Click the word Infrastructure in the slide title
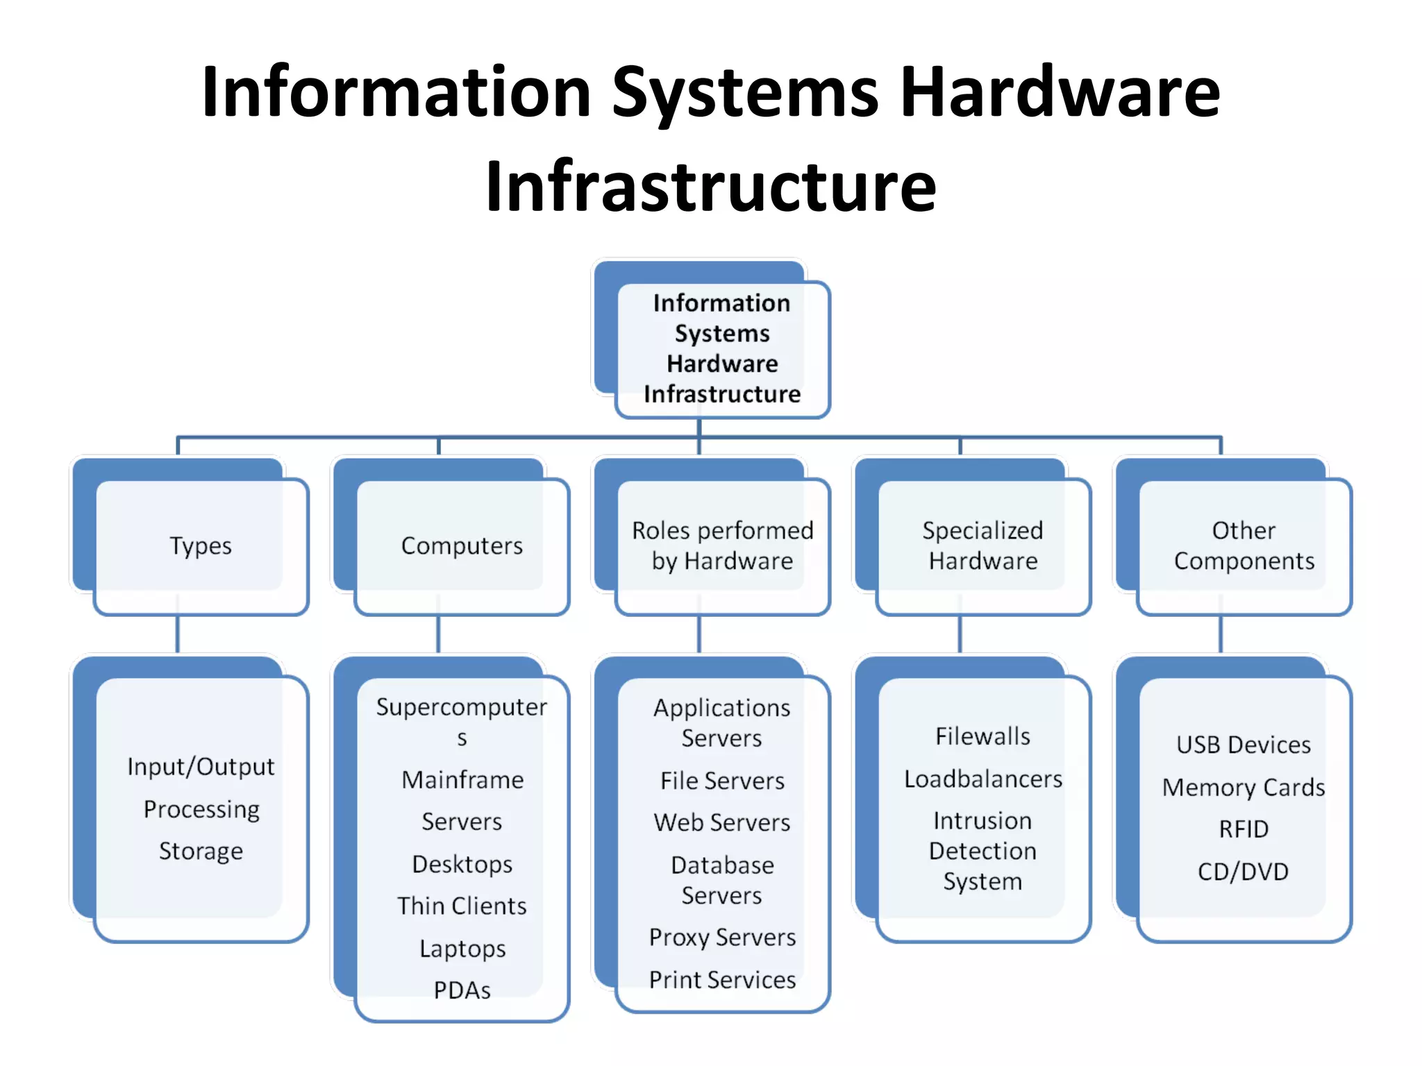pyautogui.click(x=711, y=186)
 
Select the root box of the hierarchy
pyautogui.click(x=721, y=348)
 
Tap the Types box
pyautogui.click(x=201, y=545)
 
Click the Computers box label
pyautogui.click(x=462, y=545)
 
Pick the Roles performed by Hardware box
pyautogui.click(x=722, y=545)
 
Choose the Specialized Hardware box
pyautogui.click(x=982, y=545)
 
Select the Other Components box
pyautogui.click(x=1244, y=545)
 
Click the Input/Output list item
pyautogui.click(x=201, y=767)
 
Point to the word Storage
pyautogui.click(x=201, y=851)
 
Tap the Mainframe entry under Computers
pyautogui.click(x=462, y=780)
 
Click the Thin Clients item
pyautogui.click(x=462, y=906)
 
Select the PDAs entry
pyautogui.click(x=462, y=990)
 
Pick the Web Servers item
pyautogui.click(x=722, y=822)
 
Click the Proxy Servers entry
pyautogui.click(x=722, y=938)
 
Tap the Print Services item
pyautogui.click(x=722, y=980)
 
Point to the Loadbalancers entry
pyautogui.click(x=982, y=779)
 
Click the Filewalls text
pyautogui.click(x=982, y=736)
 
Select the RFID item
pyautogui.click(x=1244, y=829)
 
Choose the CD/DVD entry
pyautogui.click(x=1243, y=872)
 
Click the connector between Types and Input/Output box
pyautogui.click(x=178, y=634)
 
